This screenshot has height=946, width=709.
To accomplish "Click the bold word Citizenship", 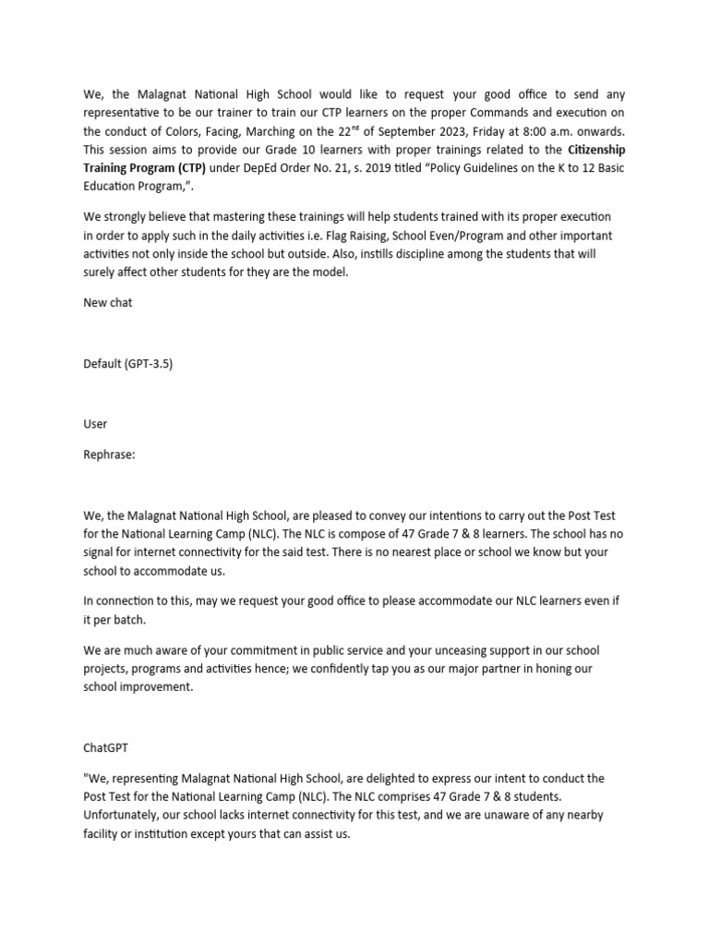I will tap(596, 149).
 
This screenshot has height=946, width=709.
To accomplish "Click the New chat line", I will tap(108, 302).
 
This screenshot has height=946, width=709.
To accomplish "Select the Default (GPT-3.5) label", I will tap(127, 363).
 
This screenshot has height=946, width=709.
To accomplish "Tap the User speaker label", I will tap(95, 423).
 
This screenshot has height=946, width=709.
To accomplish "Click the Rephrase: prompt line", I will tap(109, 454).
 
